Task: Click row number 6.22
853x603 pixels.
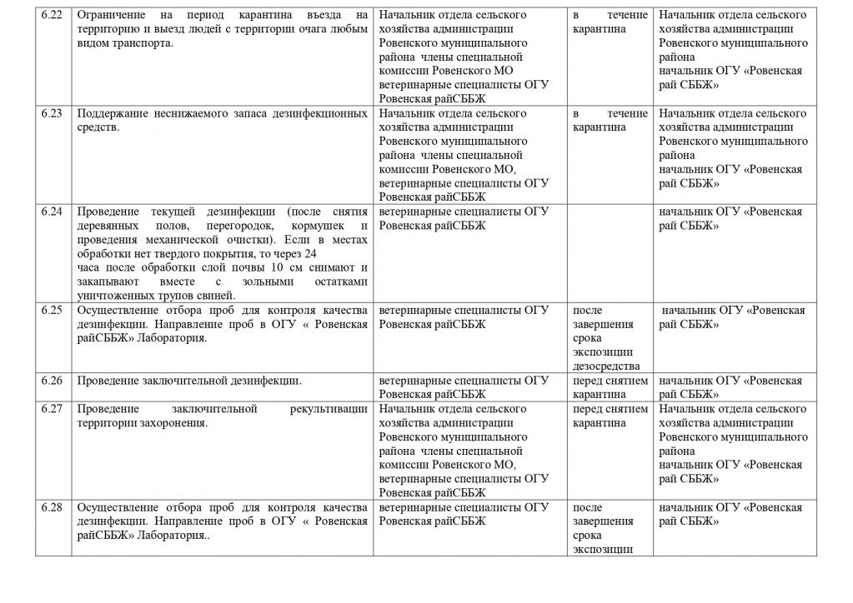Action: [52, 16]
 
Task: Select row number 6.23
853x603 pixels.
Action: [52, 113]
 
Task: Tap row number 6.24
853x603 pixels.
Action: [52, 211]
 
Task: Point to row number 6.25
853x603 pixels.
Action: [52, 310]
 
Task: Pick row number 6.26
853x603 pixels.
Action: [52, 381]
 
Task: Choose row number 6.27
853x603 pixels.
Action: [52, 409]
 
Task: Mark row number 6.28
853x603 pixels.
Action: [52, 507]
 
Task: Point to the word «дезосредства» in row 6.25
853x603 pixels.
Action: [606, 366]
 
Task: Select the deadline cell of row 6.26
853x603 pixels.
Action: [610, 387]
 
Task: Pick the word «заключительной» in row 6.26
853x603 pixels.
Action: [188, 381]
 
